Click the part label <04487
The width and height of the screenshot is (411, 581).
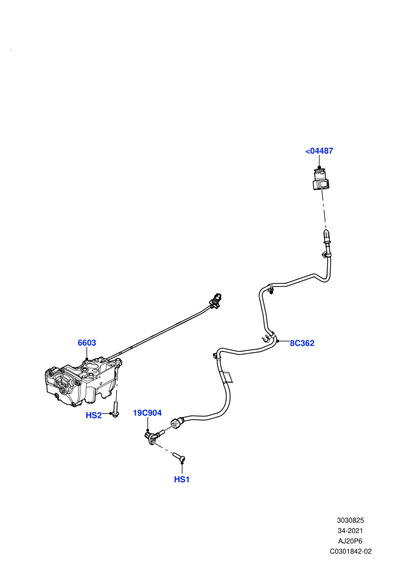pyautogui.click(x=319, y=151)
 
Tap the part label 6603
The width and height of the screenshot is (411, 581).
pyautogui.click(x=87, y=343)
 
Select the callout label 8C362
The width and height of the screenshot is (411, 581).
pyautogui.click(x=302, y=343)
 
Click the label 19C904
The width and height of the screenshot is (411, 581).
pyautogui.click(x=147, y=413)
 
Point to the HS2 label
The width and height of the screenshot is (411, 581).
pyautogui.click(x=93, y=416)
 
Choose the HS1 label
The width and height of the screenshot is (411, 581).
pyautogui.click(x=181, y=479)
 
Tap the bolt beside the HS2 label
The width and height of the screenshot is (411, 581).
pyautogui.click(x=115, y=410)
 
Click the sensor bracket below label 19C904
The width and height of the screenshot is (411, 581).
pyautogui.click(x=150, y=438)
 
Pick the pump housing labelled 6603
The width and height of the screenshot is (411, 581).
pyautogui.click(x=82, y=381)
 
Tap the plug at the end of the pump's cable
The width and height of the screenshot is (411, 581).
pyautogui.click(x=215, y=300)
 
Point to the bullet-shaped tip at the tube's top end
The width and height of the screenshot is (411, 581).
pyautogui.click(x=326, y=235)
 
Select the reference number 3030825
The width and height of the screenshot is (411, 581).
pyautogui.click(x=351, y=520)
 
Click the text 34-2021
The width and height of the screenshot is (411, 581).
pyautogui.click(x=351, y=531)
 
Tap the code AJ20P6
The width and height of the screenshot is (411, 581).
pyautogui.click(x=350, y=541)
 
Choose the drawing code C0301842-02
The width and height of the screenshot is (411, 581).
pyautogui.click(x=351, y=551)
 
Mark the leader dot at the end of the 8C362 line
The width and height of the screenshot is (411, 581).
pyautogui.click(x=278, y=340)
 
